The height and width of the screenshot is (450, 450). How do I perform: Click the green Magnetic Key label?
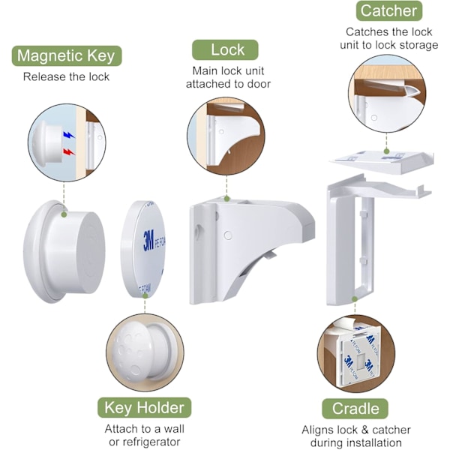[67, 55]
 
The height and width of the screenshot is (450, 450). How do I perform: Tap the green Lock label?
[225, 50]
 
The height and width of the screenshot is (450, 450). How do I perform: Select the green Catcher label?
[388, 11]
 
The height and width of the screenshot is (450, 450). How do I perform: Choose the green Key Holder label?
[144, 407]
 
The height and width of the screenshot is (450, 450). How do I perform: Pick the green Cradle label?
[355, 409]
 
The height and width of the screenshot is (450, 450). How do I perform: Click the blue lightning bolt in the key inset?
[68, 135]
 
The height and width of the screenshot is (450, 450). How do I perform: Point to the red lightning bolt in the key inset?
[69, 151]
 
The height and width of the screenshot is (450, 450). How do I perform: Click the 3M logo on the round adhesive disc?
[148, 240]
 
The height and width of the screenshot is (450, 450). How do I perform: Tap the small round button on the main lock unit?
[228, 235]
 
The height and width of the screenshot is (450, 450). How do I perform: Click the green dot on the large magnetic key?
[64, 214]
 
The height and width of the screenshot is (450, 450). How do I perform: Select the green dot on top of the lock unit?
[227, 199]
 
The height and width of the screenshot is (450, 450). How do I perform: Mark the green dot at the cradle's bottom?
[355, 299]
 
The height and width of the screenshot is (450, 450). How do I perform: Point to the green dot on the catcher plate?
[386, 151]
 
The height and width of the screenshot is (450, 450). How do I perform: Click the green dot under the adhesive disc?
[145, 296]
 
